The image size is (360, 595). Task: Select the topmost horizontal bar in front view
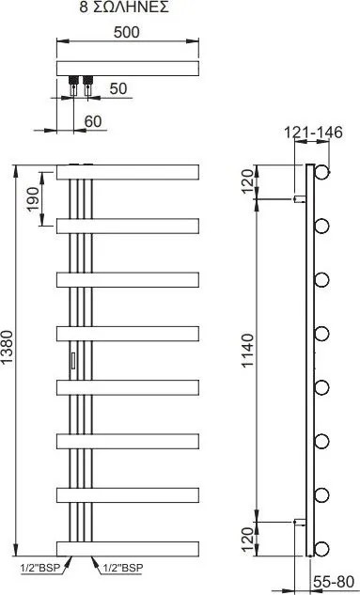[127, 172]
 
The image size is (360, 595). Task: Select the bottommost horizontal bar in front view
[127, 547]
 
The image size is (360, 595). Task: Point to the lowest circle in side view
[322, 547]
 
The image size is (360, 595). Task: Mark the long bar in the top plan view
[127, 70]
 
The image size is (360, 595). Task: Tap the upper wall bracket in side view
[299, 199]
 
